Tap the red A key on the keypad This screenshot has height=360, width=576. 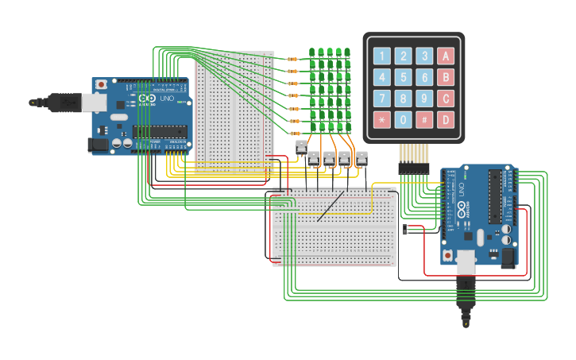point(446,56)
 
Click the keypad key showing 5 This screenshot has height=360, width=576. point(404,77)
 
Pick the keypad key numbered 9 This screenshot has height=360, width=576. point(425,99)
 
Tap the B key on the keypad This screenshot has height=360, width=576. point(446,77)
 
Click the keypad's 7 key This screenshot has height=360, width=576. point(382,99)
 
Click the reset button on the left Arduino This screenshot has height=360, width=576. point(102,83)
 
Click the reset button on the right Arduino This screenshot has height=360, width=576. point(448,255)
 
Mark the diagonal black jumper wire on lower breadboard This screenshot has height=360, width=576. point(331,207)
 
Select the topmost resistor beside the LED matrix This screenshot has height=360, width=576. point(292,59)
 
